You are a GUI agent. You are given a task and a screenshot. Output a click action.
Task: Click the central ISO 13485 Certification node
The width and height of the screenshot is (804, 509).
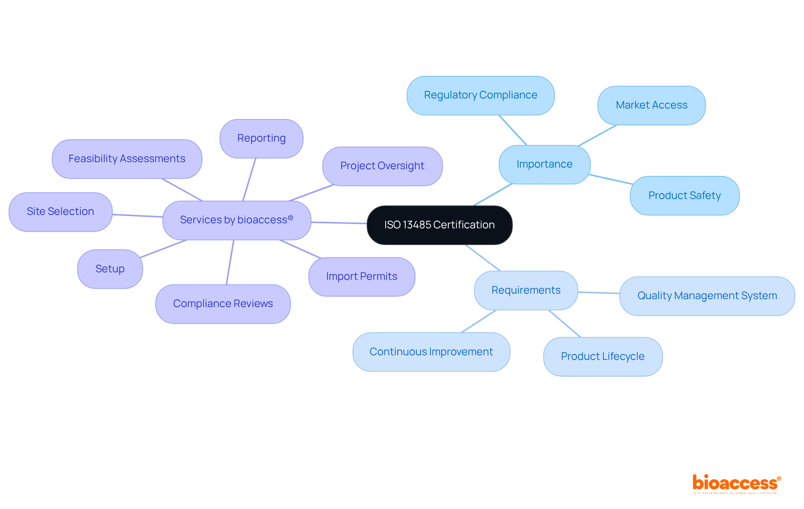439,225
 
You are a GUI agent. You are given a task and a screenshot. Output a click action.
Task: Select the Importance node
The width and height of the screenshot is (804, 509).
544,164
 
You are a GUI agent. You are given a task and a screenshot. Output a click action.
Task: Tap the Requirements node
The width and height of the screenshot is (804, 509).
526,290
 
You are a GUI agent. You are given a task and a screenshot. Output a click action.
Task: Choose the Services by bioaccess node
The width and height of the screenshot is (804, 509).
237,220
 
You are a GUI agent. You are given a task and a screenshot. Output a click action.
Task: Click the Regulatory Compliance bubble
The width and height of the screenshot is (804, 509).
480,95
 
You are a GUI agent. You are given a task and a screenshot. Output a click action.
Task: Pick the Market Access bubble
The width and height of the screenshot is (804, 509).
651,105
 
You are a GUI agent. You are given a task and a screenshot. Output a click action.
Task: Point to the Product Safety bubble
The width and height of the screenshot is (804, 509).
684,196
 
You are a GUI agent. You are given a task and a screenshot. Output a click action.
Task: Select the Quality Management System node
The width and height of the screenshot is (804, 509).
707,296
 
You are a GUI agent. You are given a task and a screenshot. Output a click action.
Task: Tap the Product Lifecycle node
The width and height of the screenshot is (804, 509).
603,357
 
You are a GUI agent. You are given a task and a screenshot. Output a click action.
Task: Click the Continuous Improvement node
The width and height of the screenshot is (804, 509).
431,352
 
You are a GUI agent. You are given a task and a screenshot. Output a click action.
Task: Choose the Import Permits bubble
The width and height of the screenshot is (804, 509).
361,276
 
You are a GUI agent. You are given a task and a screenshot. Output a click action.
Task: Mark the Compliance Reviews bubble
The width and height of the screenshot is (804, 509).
223,304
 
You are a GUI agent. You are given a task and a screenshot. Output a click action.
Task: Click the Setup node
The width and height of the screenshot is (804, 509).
110,269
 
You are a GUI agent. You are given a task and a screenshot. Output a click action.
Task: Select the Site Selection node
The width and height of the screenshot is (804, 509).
60,212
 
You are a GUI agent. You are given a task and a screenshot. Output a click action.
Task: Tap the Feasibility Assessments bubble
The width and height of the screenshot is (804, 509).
127,159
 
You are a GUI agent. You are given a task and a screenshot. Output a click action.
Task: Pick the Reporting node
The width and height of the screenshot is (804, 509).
261,138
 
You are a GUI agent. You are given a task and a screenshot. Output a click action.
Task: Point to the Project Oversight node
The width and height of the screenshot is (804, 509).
382,166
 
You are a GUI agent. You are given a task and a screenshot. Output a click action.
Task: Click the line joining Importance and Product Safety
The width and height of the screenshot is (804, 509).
611,179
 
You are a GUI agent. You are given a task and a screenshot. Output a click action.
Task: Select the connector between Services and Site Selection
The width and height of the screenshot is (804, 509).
137,216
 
